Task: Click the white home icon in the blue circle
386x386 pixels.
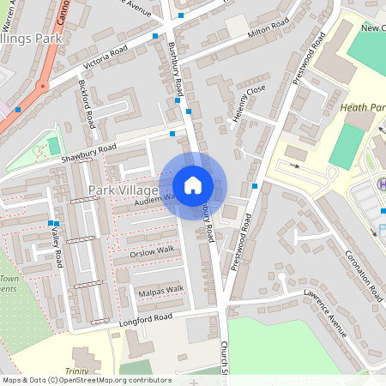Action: tap(193, 184)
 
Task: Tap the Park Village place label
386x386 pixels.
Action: tap(124, 189)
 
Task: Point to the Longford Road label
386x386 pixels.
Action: tap(145, 318)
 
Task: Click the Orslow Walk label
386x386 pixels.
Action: tap(152, 250)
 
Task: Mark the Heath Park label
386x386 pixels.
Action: tap(362, 107)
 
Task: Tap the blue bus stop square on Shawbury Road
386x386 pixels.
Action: tap(172, 134)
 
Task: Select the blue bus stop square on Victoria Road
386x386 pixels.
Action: tap(154, 36)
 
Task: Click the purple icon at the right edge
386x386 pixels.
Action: tap(382, 184)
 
